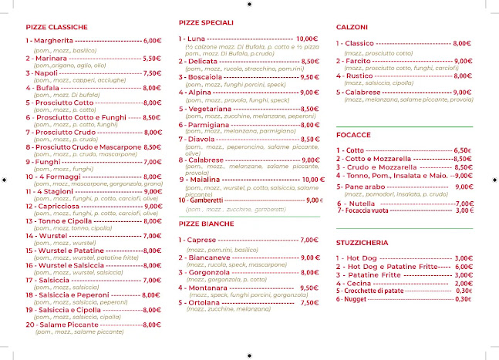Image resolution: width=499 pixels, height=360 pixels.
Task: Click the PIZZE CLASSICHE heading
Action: click(x=56, y=27)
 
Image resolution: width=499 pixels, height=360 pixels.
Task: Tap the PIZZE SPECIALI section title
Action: click(x=205, y=23)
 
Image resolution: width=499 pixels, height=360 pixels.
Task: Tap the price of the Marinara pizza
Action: click(x=152, y=58)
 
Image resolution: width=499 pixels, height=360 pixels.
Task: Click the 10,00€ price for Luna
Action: click(x=307, y=39)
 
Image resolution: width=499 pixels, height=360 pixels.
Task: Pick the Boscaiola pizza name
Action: click(x=204, y=77)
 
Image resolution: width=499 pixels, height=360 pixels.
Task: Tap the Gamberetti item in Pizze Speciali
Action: click(x=208, y=200)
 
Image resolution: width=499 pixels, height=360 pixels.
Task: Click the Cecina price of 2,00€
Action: click(x=464, y=283)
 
